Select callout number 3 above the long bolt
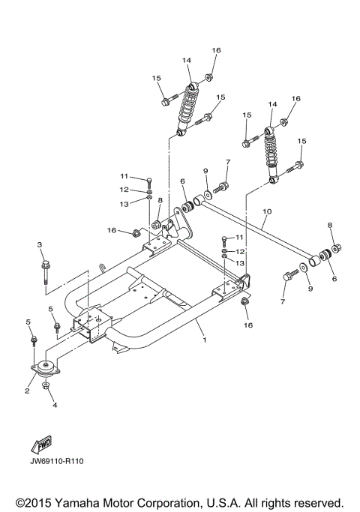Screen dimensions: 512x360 40,245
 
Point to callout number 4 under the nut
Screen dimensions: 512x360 54,406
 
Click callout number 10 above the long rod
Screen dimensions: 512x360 265,212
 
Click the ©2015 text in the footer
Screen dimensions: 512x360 35,501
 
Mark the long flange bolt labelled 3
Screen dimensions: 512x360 46,274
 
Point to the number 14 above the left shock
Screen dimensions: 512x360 187,59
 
